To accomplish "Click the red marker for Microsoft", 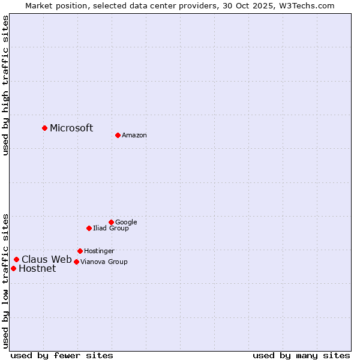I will click(x=44, y=128).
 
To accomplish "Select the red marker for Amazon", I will click(x=118, y=135).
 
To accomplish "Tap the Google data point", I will click(x=111, y=222).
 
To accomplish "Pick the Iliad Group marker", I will click(x=89, y=228).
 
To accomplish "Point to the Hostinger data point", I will click(x=80, y=251).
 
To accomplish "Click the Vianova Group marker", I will click(x=76, y=262).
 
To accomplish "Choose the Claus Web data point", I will click(x=16, y=259).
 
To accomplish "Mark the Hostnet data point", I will click(x=13, y=268).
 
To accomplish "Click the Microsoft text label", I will click(x=71, y=128).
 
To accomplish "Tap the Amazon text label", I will click(x=134, y=136).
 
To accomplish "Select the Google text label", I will click(x=126, y=222).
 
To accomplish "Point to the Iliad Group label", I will click(x=111, y=228).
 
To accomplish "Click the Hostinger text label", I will click(x=99, y=251).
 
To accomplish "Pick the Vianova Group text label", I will click(x=104, y=262).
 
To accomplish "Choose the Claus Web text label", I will click(x=47, y=260).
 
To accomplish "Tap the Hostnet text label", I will click(x=37, y=269).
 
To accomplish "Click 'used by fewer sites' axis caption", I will click(x=62, y=355).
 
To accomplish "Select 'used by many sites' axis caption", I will click(x=301, y=355).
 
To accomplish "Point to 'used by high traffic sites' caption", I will click(x=6, y=86).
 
